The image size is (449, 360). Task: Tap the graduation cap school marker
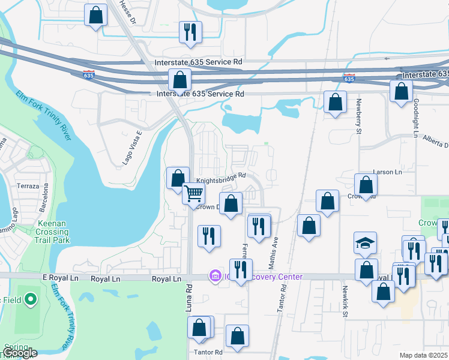(365, 243)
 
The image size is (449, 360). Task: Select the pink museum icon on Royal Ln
(214, 277)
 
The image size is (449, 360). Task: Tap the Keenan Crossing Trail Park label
(54, 232)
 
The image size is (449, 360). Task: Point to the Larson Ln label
(387, 172)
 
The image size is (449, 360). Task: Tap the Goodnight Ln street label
(415, 116)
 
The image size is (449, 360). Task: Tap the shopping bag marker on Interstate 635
(179, 79)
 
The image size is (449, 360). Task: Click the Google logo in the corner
(19, 353)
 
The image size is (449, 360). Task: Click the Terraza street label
(28, 187)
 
